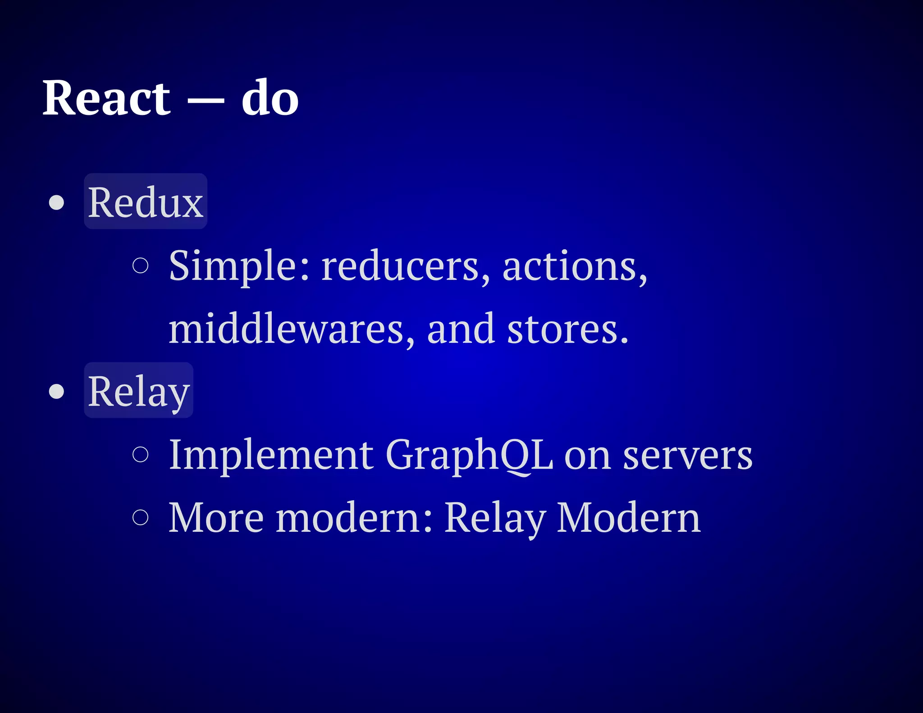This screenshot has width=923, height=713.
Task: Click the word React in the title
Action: [x=106, y=98]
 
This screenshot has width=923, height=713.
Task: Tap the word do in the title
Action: [x=270, y=98]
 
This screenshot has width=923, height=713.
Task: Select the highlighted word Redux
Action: [x=145, y=202]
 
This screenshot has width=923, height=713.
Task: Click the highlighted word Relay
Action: [x=138, y=391]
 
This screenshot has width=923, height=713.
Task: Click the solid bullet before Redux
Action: [x=56, y=203]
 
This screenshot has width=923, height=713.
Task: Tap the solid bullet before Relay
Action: [x=56, y=391]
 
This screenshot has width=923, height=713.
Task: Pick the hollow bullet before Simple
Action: [x=141, y=265]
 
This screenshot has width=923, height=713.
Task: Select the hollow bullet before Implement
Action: [x=141, y=454]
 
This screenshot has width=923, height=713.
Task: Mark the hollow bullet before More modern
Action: [x=141, y=517]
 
